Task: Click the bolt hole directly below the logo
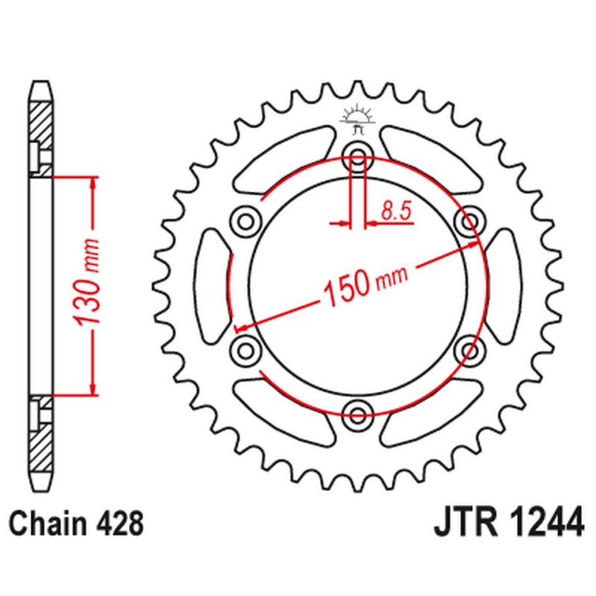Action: click(357, 157)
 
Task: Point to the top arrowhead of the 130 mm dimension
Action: click(92, 183)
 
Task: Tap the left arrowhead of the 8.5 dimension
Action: click(344, 222)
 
